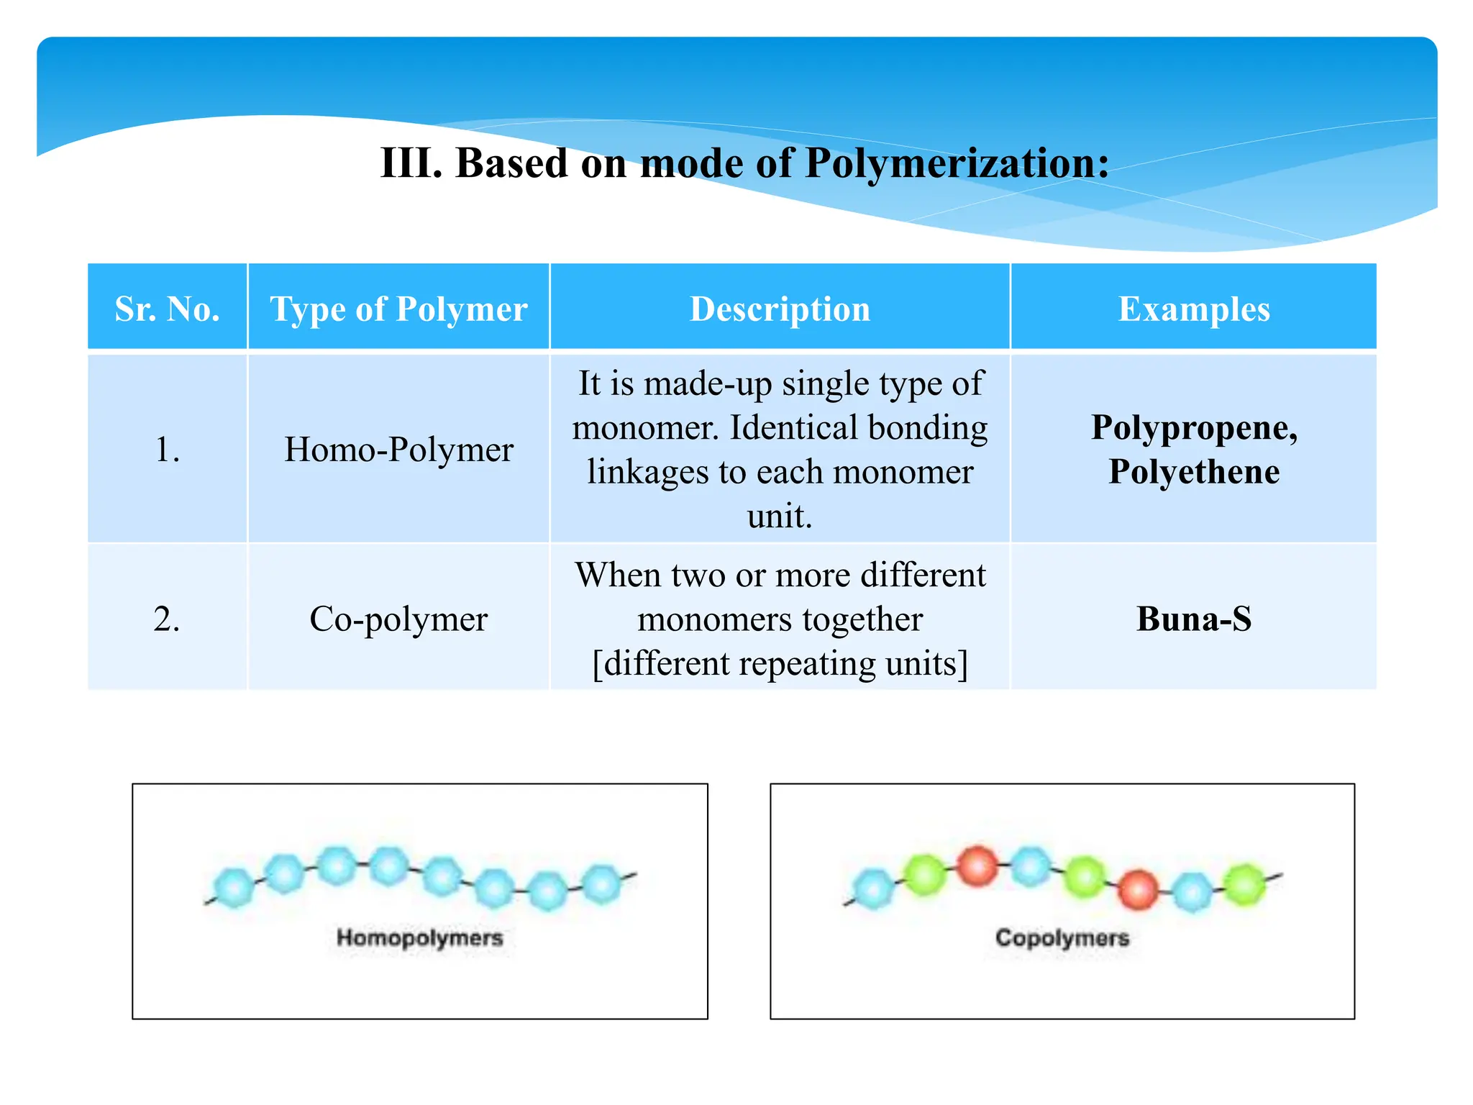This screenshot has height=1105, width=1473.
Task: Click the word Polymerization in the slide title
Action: click(957, 164)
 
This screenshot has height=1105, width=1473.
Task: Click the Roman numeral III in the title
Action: click(411, 163)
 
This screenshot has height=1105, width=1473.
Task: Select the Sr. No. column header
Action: click(167, 309)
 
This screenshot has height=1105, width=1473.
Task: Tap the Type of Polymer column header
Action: click(398, 309)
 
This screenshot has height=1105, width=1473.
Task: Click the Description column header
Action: click(780, 309)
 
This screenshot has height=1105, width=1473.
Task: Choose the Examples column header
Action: click(1193, 309)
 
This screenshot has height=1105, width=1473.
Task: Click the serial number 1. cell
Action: click(167, 450)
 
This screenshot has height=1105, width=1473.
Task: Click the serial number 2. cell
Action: click(167, 619)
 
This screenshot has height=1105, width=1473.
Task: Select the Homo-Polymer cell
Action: click(398, 450)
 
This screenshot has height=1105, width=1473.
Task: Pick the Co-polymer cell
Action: click(398, 619)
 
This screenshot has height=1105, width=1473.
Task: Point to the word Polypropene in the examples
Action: click(1193, 427)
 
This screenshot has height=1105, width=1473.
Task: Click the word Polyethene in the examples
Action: click(1193, 472)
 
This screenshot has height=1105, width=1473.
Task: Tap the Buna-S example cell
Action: click(1193, 619)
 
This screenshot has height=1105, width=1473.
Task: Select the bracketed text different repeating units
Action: click(780, 663)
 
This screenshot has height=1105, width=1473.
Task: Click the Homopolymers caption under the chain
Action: click(420, 937)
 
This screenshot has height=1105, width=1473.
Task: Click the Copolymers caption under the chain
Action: click(1062, 937)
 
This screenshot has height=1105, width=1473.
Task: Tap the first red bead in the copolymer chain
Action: click(977, 865)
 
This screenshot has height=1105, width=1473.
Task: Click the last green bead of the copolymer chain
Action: click(1244, 884)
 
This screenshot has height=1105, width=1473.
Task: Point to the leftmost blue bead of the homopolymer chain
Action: click(234, 887)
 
